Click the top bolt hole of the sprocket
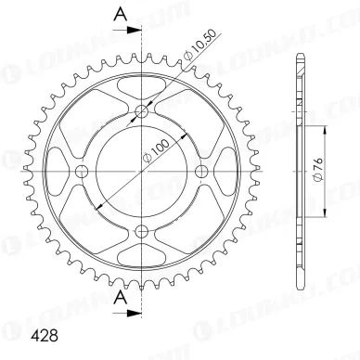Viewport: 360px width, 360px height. pyautogui.click(x=142, y=110)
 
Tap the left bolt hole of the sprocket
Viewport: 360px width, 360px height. pyautogui.click(x=82, y=171)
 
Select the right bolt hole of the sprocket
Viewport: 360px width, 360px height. pyautogui.click(x=202, y=171)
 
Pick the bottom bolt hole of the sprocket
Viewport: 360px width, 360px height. pyautogui.click(x=142, y=231)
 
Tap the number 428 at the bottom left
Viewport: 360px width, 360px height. pyautogui.click(x=45, y=336)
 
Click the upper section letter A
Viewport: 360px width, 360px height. pyautogui.click(x=121, y=14)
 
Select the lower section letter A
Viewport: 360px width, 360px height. pyautogui.click(x=121, y=298)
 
